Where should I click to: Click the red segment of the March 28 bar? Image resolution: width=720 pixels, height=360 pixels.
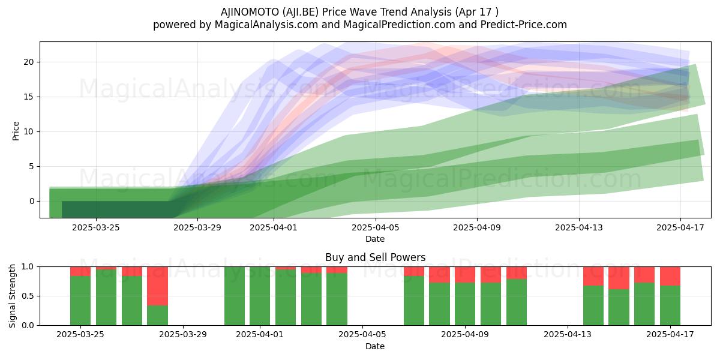click(x=157, y=286)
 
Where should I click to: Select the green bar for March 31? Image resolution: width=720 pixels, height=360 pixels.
click(x=235, y=296)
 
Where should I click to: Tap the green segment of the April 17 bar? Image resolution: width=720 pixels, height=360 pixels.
click(x=670, y=305)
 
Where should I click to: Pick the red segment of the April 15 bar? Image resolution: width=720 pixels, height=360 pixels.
click(x=619, y=278)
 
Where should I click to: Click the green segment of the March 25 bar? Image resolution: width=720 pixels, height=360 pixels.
click(x=80, y=301)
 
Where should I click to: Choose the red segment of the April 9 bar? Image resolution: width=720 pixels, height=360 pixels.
click(x=465, y=275)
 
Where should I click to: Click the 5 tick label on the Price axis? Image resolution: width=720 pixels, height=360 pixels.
click(x=31, y=167)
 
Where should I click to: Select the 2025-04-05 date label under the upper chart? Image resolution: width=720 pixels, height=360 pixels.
click(x=375, y=227)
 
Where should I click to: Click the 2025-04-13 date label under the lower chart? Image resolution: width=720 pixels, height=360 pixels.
click(x=568, y=335)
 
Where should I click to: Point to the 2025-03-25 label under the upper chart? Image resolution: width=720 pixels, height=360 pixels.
click(x=96, y=227)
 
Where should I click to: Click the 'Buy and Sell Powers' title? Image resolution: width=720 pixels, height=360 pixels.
click(x=375, y=257)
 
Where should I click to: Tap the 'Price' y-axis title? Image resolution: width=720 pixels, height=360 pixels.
click(x=16, y=131)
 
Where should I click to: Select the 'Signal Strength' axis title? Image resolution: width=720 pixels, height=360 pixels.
click(x=12, y=296)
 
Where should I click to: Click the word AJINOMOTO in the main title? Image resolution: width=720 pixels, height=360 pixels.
click(x=250, y=12)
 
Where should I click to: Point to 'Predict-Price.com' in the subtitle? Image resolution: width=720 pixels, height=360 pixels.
click(x=524, y=25)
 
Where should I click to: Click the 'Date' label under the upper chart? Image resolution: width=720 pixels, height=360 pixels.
click(x=375, y=239)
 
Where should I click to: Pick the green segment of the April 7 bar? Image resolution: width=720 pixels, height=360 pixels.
click(x=414, y=301)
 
